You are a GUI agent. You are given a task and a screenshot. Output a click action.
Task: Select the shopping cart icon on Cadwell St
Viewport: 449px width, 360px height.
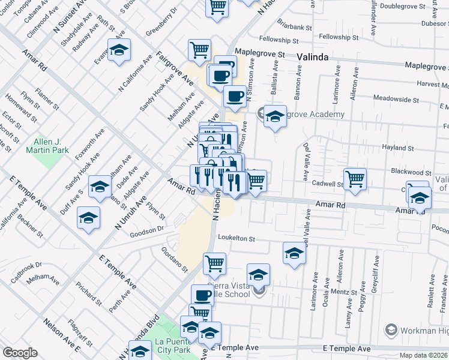point(355,179)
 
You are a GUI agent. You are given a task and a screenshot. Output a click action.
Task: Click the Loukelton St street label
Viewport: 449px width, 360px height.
point(237,238)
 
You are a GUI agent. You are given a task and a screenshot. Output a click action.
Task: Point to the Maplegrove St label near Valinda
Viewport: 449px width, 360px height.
point(259,53)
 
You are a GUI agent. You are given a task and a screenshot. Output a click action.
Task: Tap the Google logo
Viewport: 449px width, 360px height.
point(20,353)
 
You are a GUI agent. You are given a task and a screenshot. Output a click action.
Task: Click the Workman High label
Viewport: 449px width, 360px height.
point(424,329)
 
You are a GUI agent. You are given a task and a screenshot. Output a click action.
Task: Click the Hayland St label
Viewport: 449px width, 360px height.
point(398,148)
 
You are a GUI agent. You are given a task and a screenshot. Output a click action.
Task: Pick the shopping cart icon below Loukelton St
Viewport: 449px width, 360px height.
point(214,262)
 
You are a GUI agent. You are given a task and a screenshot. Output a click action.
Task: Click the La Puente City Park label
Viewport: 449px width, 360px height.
point(173,345)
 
